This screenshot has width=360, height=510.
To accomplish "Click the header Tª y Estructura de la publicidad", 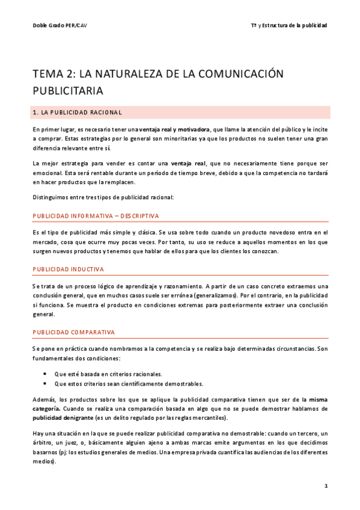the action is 289,25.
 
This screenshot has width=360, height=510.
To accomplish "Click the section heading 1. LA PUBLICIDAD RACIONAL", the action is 79,112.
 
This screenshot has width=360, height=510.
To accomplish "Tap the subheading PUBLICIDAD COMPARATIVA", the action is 74,332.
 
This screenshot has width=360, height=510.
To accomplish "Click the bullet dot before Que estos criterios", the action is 45,383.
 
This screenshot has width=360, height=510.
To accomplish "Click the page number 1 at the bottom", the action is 325,485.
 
